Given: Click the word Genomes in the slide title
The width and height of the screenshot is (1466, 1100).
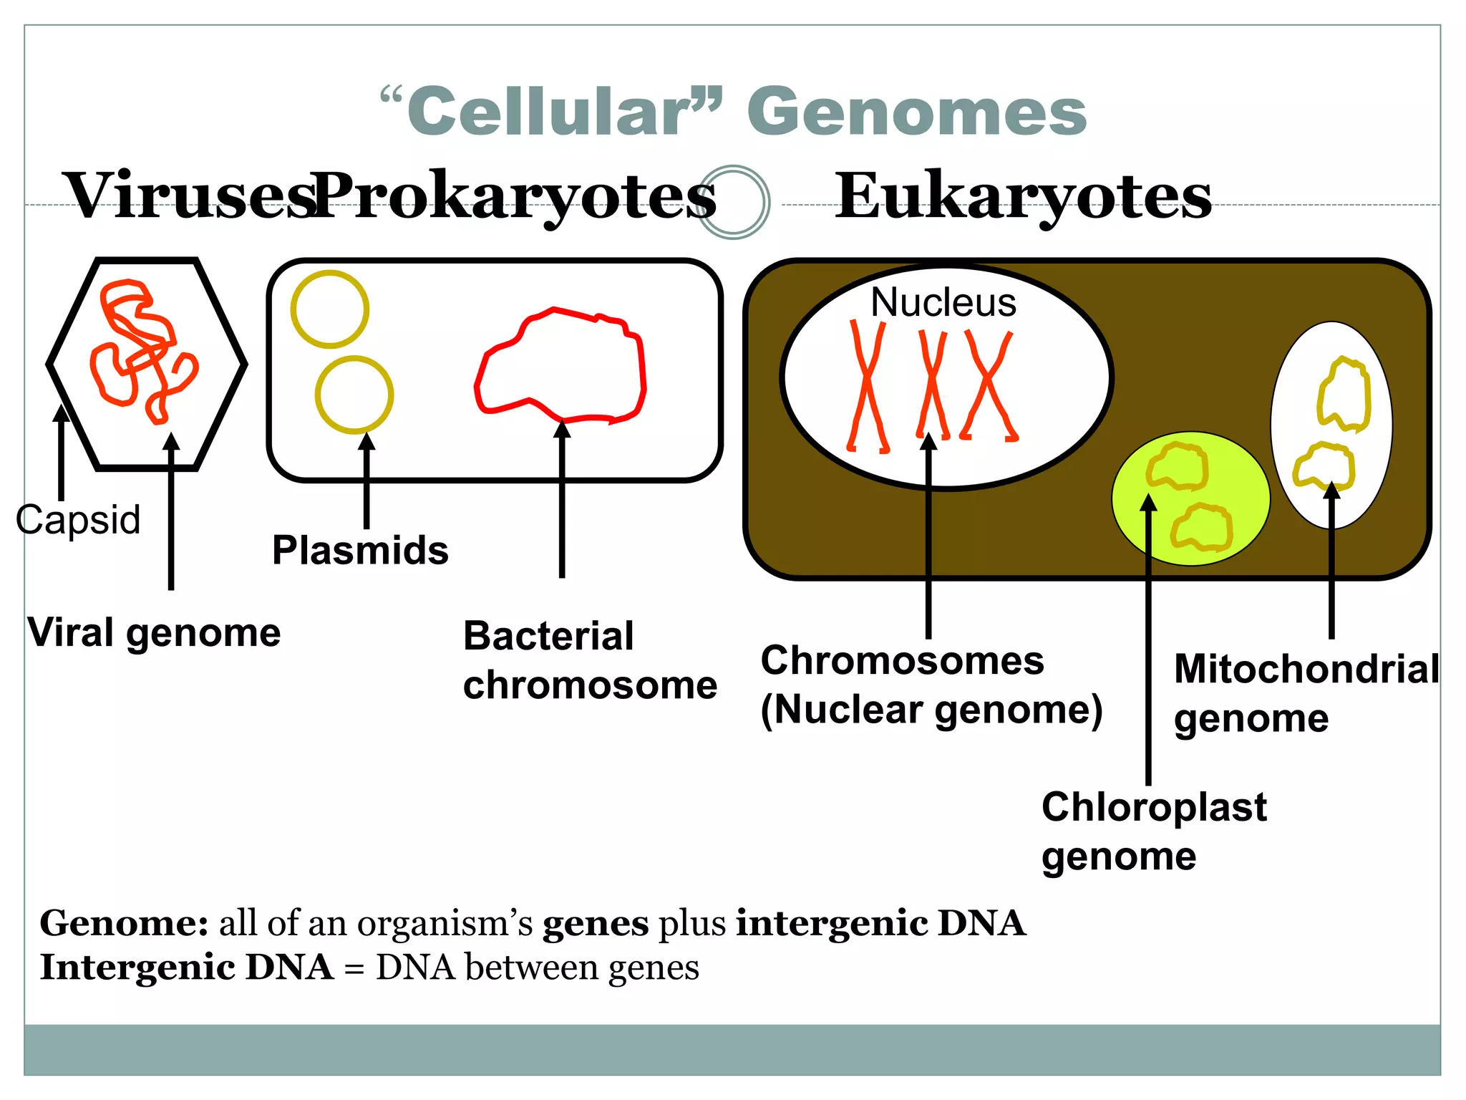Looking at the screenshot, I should (917, 112).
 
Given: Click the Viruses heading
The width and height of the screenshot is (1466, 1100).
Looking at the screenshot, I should (190, 196).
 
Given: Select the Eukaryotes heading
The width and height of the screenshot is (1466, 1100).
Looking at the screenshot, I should (1023, 196).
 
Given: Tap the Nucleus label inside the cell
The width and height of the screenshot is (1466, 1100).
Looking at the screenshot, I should (943, 302).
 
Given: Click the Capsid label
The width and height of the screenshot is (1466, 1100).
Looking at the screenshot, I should (78, 519).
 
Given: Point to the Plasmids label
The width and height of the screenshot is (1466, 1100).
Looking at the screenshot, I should (360, 550).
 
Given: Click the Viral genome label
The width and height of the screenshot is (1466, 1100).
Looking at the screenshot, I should (154, 632).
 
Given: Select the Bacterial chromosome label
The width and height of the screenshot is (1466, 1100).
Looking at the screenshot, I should (588, 660).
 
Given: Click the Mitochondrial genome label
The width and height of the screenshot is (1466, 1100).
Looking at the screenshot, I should (1305, 693).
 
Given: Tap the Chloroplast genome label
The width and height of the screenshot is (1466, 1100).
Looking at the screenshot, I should (1153, 831).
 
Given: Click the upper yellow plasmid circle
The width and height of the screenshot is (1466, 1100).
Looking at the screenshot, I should (330, 309).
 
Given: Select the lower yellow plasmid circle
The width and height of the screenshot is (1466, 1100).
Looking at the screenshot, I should (354, 395).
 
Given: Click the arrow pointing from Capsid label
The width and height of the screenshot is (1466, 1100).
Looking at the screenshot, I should (62, 451).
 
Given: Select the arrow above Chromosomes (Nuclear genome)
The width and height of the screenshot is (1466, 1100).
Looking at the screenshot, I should (928, 537).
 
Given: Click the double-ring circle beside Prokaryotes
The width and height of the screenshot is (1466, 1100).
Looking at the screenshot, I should (733, 202).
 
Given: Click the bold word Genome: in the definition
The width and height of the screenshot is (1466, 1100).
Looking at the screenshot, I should (124, 923).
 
